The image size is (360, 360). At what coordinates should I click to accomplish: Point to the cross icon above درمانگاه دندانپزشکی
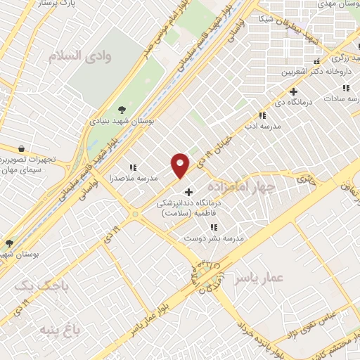coord(188,192)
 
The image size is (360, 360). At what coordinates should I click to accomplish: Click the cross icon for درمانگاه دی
coord(294,91)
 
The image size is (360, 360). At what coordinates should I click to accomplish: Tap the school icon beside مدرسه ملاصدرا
coord(132,167)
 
